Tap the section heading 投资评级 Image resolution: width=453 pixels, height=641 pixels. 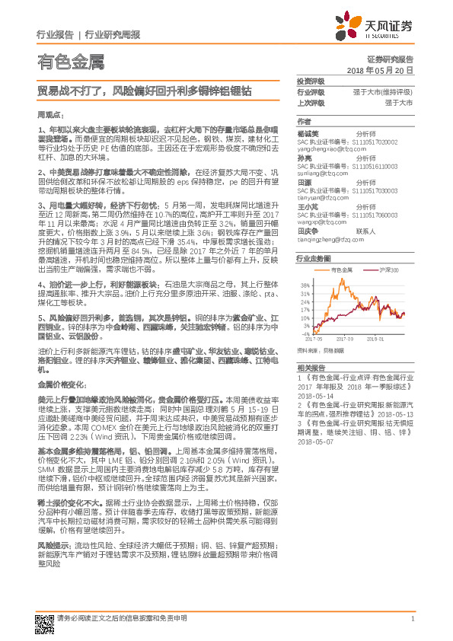point(311,81)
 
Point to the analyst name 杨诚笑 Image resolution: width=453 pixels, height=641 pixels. point(307,131)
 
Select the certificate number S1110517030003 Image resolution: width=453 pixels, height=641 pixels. point(377,190)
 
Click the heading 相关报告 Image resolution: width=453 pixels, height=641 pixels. point(310,367)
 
